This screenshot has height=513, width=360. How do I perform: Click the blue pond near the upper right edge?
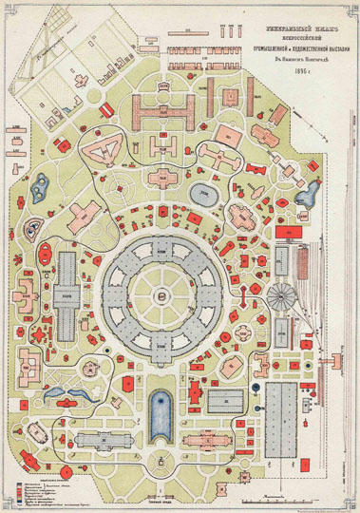tap(308, 197)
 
